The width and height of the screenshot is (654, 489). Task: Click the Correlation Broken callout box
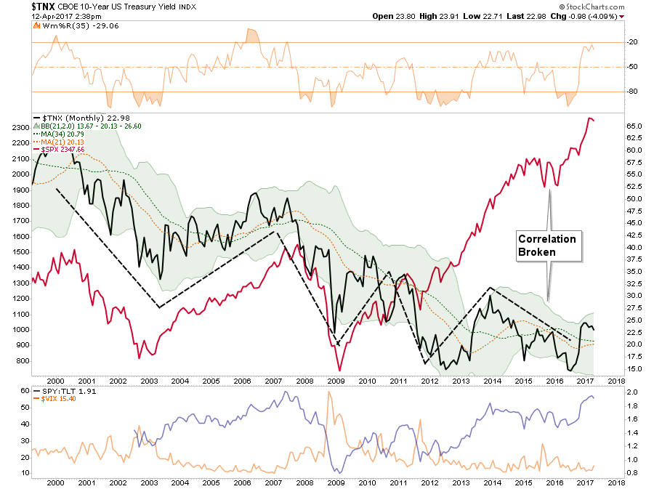(x=546, y=246)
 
